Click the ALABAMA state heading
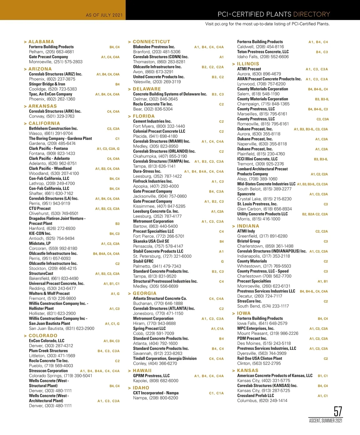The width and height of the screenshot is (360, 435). (41, 42)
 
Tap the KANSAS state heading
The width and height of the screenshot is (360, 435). (247, 370)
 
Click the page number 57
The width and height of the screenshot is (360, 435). (338, 412)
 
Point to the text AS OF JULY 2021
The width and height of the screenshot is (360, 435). (104, 15)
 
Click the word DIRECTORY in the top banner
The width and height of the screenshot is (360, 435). (311, 14)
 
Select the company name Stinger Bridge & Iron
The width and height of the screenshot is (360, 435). (47, 84)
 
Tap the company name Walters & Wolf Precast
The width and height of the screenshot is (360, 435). (49, 293)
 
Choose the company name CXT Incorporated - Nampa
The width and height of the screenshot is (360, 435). (156, 393)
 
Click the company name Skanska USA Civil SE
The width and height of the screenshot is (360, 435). (151, 241)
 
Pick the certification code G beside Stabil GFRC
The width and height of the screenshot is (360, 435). (222, 262)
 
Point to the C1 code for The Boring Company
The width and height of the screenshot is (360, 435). (117, 139)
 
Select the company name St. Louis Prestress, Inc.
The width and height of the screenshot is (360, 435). (257, 204)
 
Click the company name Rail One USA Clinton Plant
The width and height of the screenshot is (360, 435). (259, 358)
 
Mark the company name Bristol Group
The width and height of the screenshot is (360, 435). (249, 241)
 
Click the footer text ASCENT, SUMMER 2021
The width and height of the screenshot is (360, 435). (326, 421)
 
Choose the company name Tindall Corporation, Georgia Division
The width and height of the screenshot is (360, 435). (165, 358)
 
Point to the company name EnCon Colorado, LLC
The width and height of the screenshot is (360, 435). (46, 341)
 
